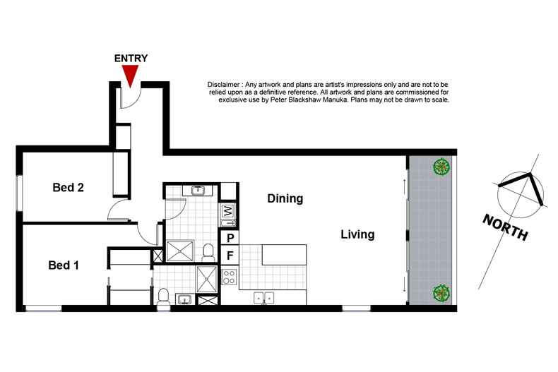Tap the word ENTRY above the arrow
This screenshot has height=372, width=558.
[x=131, y=59]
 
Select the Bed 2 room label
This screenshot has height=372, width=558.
[x=69, y=188]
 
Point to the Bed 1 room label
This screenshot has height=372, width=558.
[x=63, y=265]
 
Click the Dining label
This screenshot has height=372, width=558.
[x=285, y=199]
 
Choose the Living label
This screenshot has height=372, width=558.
[x=357, y=234]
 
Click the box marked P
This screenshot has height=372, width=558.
[x=229, y=239]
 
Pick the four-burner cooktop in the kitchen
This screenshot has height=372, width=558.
[x=230, y=277]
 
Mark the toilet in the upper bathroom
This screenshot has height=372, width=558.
[x=208, y=251]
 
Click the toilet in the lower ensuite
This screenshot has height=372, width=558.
[x=163, y=298]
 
